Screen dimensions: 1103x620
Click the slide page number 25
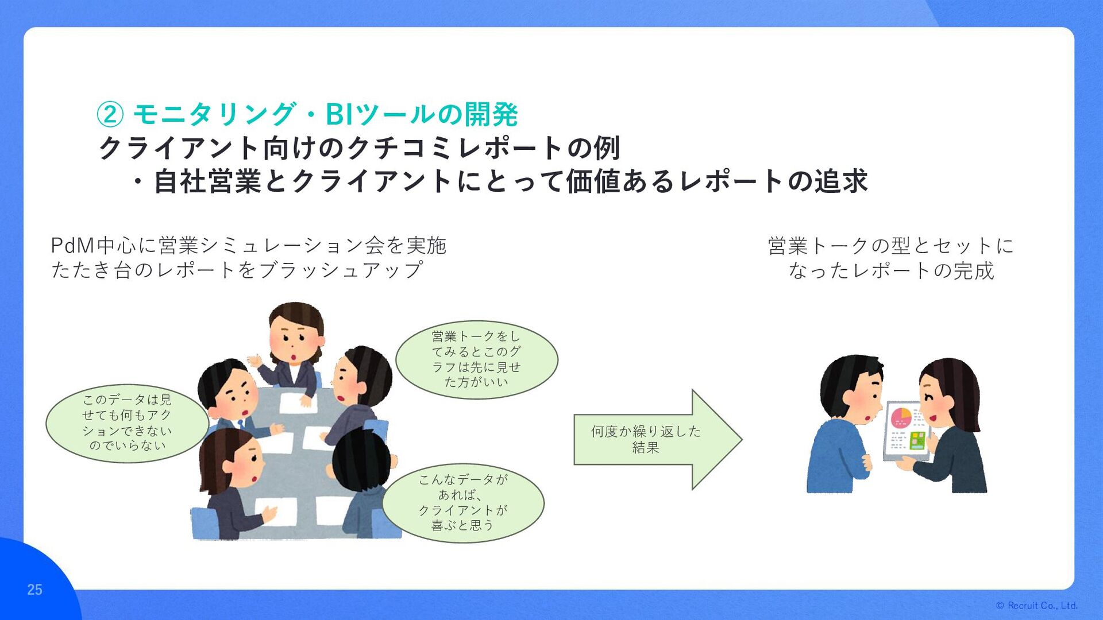pos(34,590)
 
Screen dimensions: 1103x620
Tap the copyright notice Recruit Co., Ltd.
pos(1037,606)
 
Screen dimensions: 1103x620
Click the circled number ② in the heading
pos(110,114)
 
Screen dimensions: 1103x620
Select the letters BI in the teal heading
pos(339,114)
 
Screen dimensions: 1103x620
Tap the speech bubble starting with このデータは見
pos(127,423)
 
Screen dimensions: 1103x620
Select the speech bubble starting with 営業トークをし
pos(476,359)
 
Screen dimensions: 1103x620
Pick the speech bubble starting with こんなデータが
pos(462,502)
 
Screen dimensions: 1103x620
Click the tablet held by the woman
pos(906,431)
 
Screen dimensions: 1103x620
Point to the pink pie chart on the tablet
pos(901,417)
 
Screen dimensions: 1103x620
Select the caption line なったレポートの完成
pos(891,270)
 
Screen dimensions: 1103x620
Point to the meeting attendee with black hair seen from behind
pos(362,476)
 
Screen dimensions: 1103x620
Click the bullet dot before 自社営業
pos(138,182)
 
